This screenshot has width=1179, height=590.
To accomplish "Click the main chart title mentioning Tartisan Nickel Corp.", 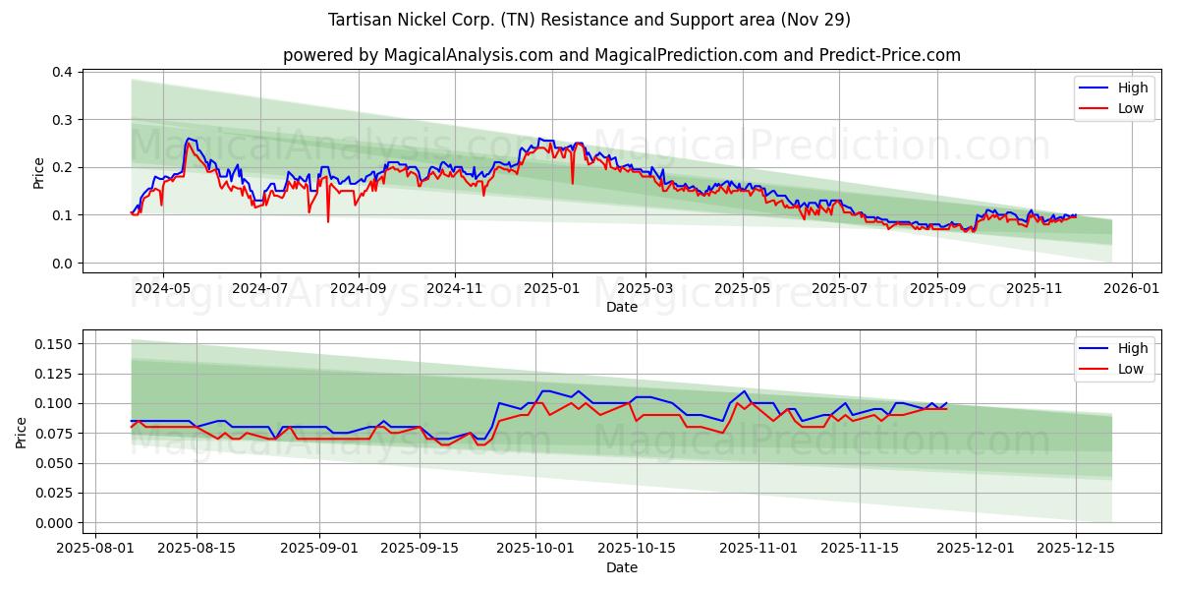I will [589, 20].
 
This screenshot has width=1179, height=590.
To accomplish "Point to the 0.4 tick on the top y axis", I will [62, 72].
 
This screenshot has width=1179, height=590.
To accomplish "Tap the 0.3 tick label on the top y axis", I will [62, 120].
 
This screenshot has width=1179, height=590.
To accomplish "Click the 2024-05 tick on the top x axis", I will [162, 289].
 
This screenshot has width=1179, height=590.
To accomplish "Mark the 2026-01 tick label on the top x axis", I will [1132, 289].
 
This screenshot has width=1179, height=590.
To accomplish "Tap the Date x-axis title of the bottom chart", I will [621, 567].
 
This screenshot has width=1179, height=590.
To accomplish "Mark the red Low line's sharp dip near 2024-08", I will [328, 220].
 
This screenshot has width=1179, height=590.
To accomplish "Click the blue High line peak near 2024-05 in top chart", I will [188, 139].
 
